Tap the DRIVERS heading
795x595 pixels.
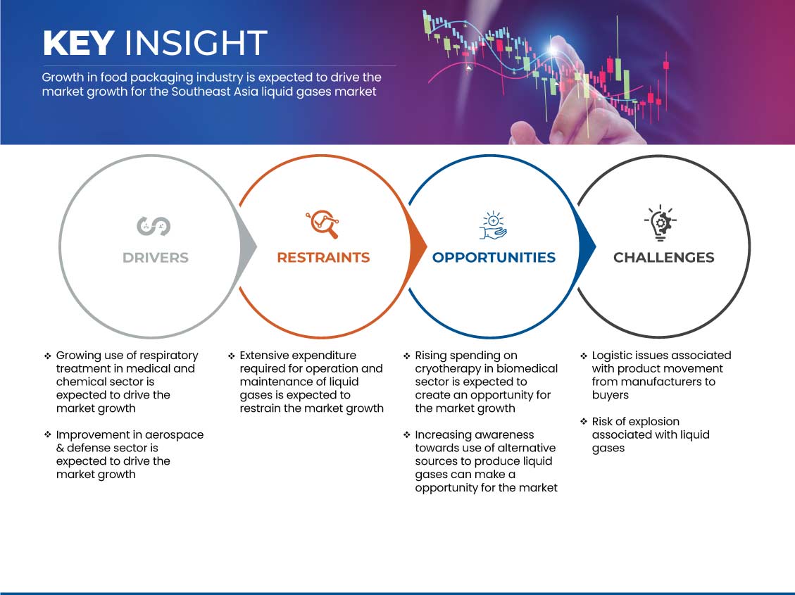click(x=156, y=258)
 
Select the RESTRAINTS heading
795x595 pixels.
click(x=323, y=258)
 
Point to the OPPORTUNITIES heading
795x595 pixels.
click(x=494, y=258)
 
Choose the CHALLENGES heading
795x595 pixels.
click(x=664, y=258)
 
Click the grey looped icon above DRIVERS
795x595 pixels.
click(x=154, y=226)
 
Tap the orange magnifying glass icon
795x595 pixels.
click(x=323, y=224)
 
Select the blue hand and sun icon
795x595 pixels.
click(x=494, y=225)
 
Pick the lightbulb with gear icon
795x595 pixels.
click(x=661, y=223)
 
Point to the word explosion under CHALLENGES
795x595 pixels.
click(x=655, y=422)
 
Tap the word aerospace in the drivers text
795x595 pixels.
click(x=175, y=435)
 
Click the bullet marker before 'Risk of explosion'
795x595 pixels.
click(x=584, y=421)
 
